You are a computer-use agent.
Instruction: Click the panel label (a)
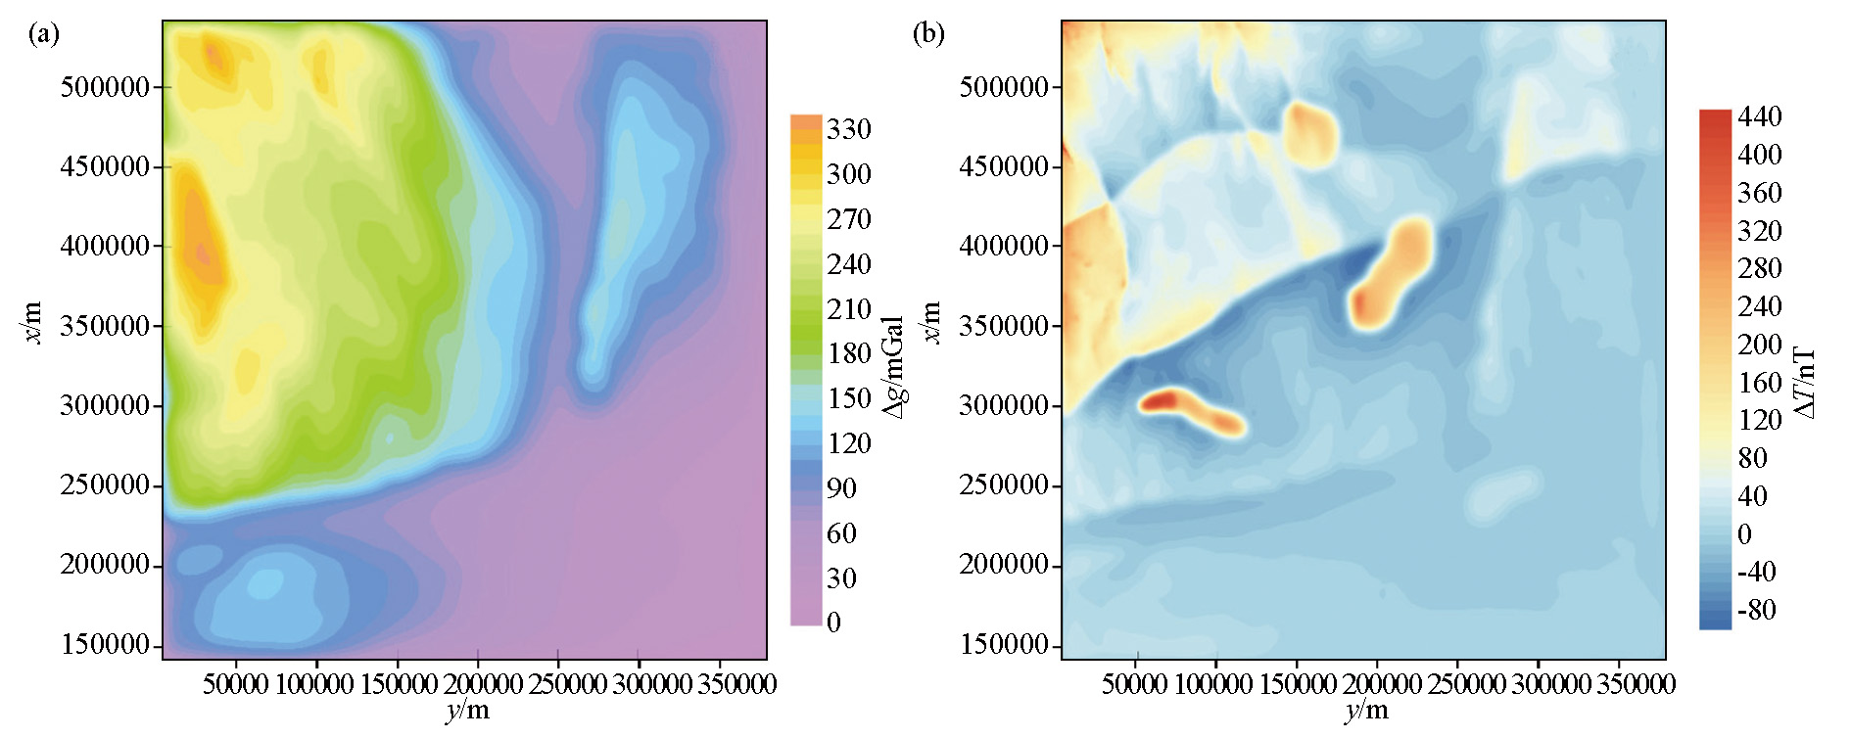44,35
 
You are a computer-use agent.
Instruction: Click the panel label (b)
927,35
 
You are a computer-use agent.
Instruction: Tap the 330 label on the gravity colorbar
848,129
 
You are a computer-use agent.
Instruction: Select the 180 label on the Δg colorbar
848,353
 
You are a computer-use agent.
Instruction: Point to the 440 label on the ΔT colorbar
1759,116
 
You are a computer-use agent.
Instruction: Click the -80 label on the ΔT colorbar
1755,610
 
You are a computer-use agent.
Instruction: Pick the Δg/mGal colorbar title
892,367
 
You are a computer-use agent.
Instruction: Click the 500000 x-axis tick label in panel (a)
105,87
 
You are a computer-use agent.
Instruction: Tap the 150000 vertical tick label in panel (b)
1004,645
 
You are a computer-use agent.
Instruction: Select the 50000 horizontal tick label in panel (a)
236,684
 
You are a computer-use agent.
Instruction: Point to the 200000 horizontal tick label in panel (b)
1376,684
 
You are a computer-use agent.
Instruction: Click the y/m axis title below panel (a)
466,712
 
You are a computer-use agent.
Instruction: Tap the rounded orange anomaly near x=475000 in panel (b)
1309,132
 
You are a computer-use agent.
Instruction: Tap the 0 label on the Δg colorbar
833,623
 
